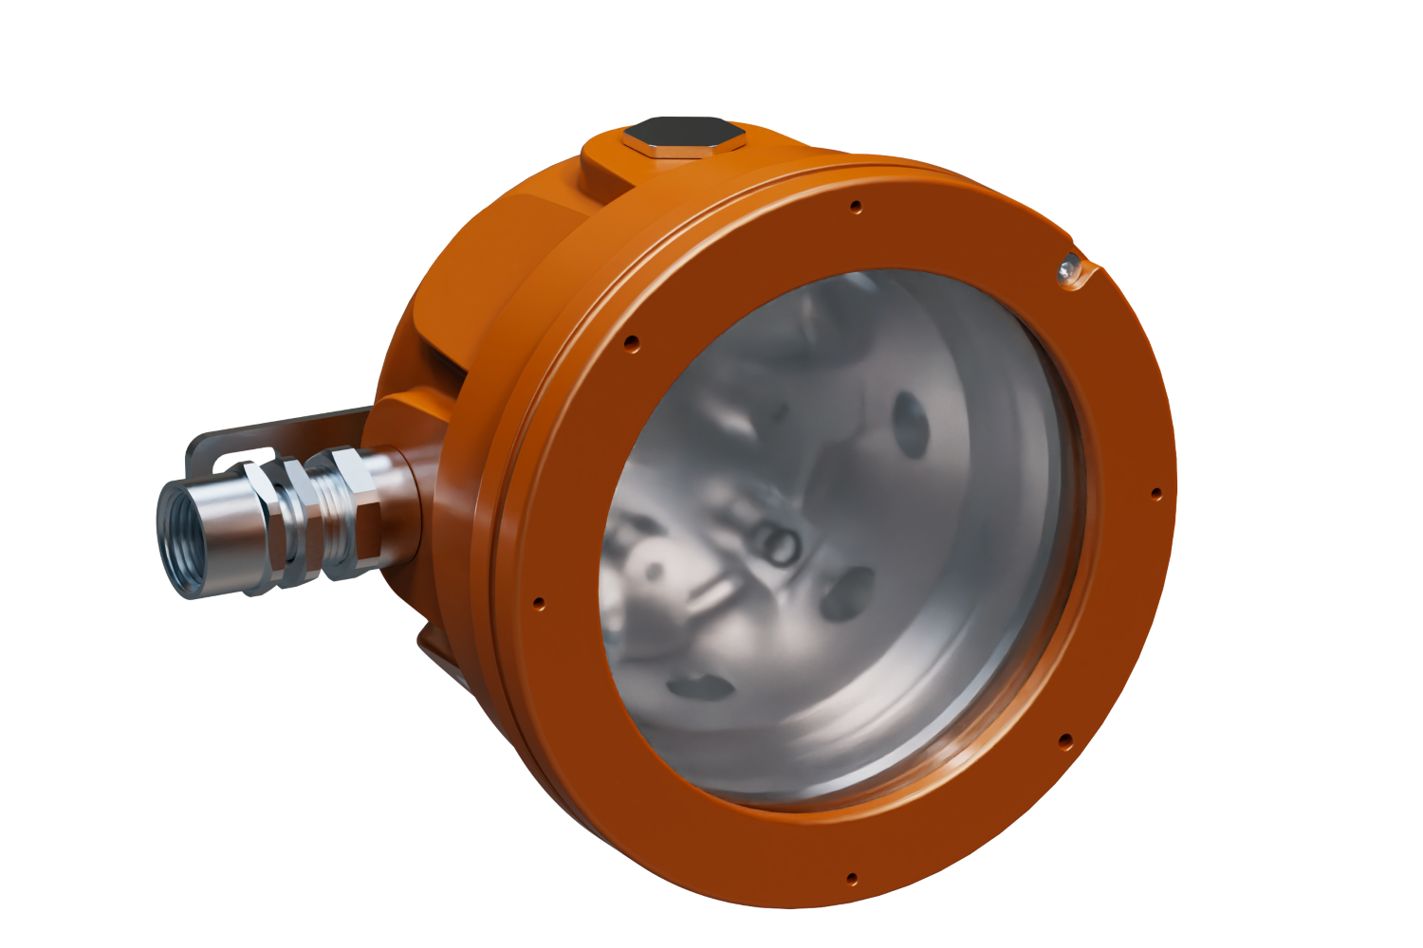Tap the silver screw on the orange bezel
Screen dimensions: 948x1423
pos(1068,269)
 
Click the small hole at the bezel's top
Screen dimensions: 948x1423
pos(856,205)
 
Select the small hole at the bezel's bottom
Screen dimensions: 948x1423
pos(852,877)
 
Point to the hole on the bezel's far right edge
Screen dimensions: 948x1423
pos(1155,493)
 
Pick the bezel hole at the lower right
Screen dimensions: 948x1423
pos(1064,738)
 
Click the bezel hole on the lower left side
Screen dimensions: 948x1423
pos(540,601)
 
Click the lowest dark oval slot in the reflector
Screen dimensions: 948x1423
pos(693,683)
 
